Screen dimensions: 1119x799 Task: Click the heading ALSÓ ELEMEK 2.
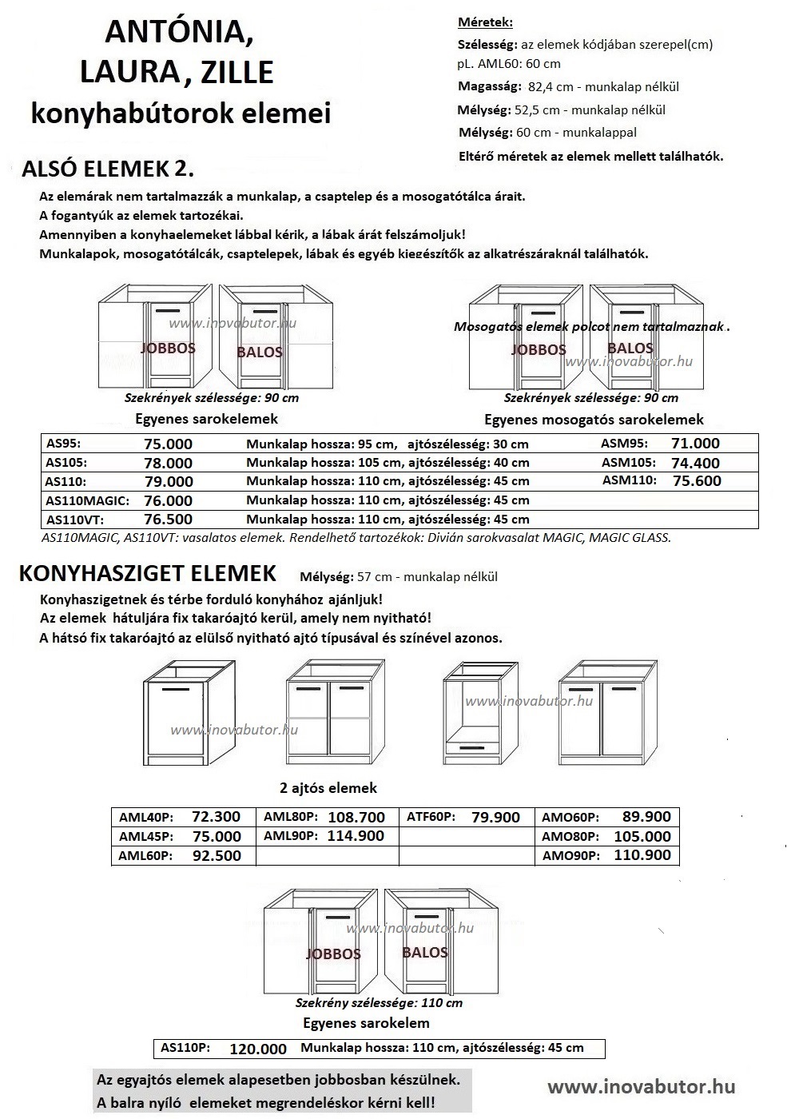coord(108,169)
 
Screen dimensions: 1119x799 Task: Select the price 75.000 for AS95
coord(168,444)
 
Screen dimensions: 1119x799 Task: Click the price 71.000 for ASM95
coord(695,444)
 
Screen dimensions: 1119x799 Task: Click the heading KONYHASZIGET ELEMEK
coord(148,573)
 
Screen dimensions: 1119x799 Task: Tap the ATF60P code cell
coord(431,817)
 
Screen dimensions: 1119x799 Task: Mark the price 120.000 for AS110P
coord(257,1049)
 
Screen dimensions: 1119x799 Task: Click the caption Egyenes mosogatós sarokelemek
coord(594,419)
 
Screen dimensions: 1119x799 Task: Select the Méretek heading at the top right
coord(485,22)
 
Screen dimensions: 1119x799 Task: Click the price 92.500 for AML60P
coord(217,855)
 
